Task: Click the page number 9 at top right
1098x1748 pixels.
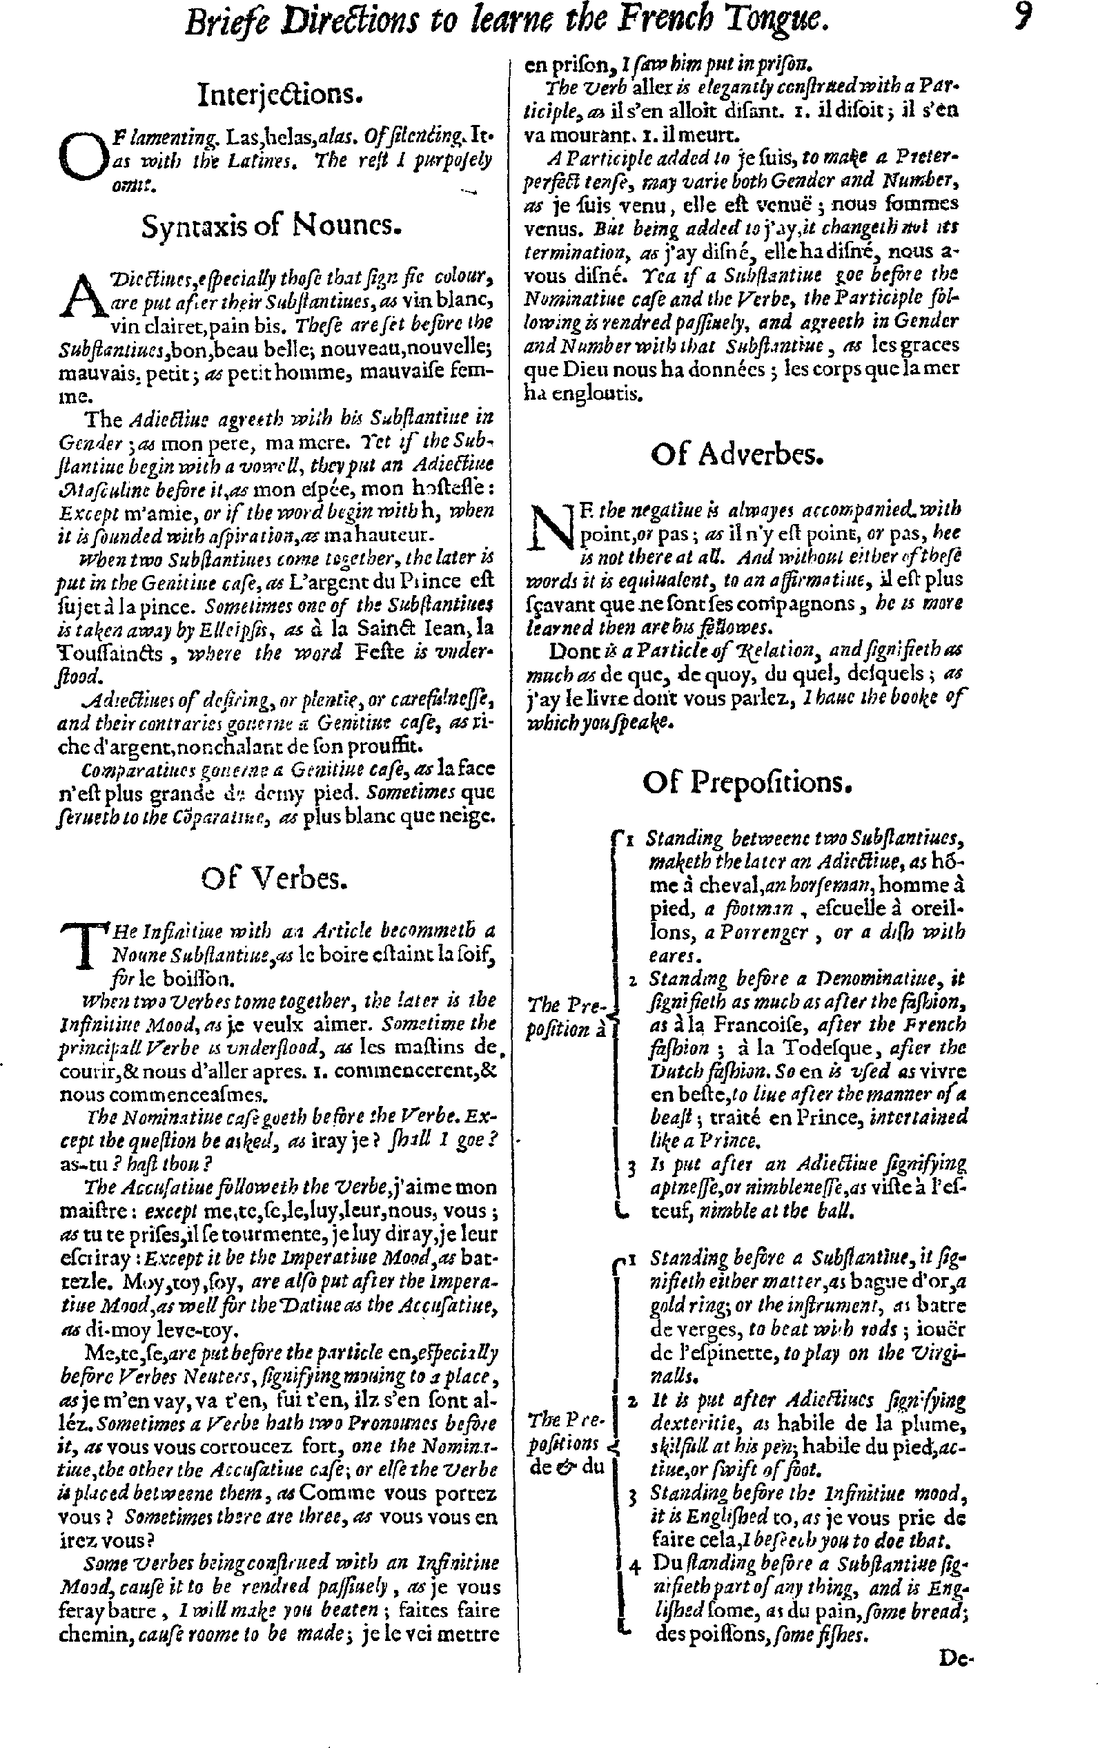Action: point(1022,18)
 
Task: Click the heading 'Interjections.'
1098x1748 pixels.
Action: point(280,95)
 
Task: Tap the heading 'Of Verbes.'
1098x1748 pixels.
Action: point(274,879)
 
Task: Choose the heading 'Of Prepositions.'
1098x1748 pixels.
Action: point(746,783)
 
